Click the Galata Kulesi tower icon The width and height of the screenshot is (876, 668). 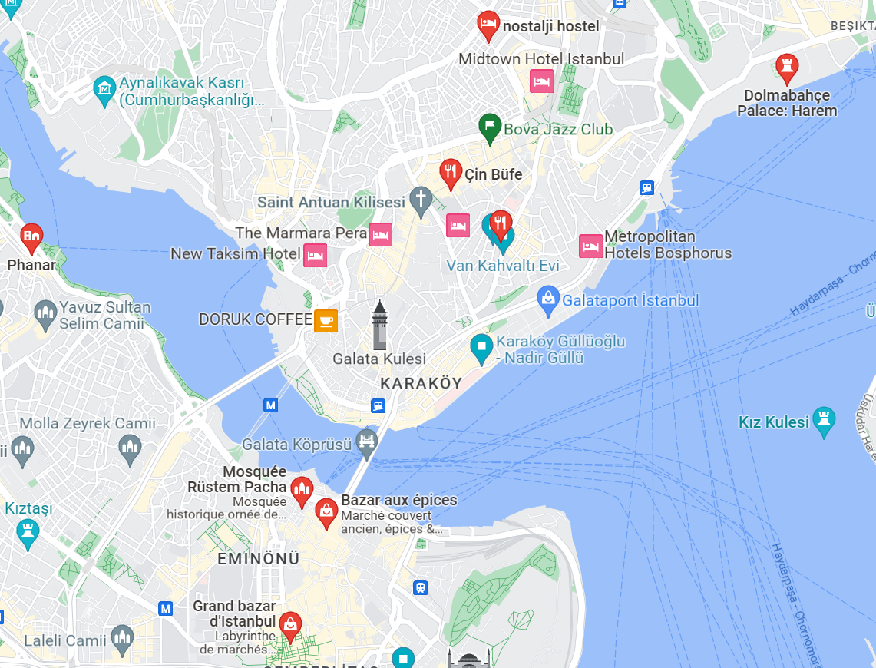(379, 325)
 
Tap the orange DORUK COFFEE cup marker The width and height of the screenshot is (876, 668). (326, 320)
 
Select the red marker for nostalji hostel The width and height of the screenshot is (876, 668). (488, 25)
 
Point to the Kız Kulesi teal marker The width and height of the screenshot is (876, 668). (825, 421)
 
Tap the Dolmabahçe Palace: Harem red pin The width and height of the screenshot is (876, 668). (786, 68)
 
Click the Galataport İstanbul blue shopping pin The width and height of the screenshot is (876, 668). (548, 299)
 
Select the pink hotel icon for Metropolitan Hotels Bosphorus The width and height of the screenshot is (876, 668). (590, 246)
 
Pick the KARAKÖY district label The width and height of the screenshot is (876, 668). (421, 383)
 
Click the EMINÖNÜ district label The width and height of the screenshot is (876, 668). (259, 558)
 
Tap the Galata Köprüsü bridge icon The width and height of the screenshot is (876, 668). (368, 441)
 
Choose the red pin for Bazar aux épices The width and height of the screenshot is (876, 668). (326, 512)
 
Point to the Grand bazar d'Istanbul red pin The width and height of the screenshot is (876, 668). (290, 625)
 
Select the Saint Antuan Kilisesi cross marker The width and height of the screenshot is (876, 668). (420, 200)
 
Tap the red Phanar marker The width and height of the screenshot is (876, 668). (31, 236)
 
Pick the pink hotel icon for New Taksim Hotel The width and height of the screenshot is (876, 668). (315, 255)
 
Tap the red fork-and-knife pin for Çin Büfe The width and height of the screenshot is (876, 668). (451, 174)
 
